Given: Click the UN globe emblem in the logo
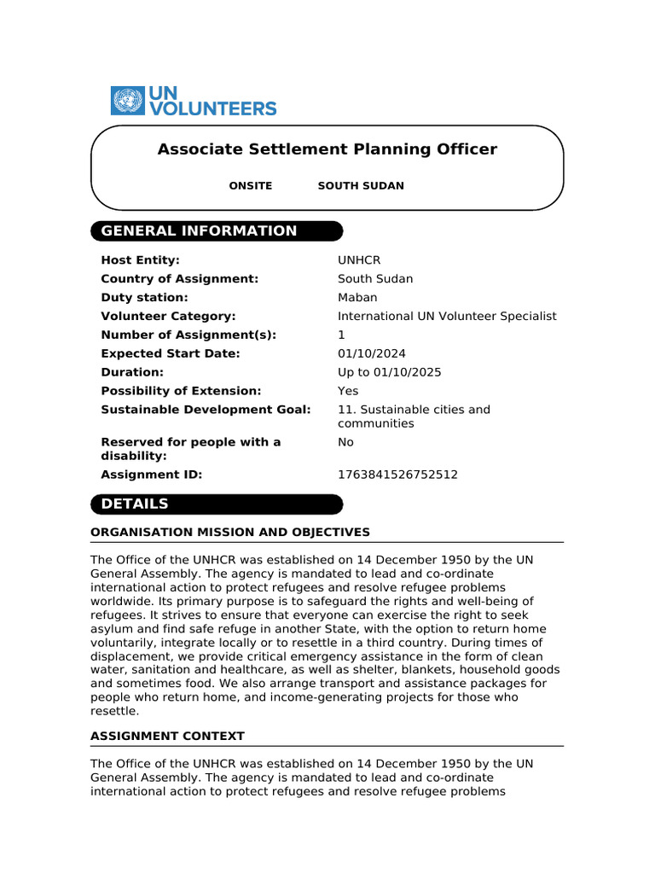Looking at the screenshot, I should point(128,101).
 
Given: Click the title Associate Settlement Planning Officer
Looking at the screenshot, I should point(327,149).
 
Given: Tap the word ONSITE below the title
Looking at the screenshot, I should point(251,186).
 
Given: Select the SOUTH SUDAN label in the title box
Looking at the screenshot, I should point(361,186).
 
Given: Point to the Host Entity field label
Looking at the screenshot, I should point(140,260).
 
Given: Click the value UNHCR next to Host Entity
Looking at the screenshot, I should point(359,260).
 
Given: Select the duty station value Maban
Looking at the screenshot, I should point(357,298).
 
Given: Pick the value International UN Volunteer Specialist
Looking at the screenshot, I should point(447,317).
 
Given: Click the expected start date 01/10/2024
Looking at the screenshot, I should point(372,354).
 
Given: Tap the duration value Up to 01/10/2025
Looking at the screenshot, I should point(390,373).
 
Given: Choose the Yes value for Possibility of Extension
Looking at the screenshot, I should point(348,392).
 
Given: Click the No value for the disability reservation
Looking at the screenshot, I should point(345,442).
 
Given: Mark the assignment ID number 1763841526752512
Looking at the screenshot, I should point(397,475).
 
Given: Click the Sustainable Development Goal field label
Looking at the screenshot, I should point(206,410).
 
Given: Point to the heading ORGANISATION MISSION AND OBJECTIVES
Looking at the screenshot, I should point(230,533).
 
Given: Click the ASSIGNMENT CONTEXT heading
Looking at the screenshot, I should point(167,736).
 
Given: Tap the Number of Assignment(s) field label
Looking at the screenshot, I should point(188,335).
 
